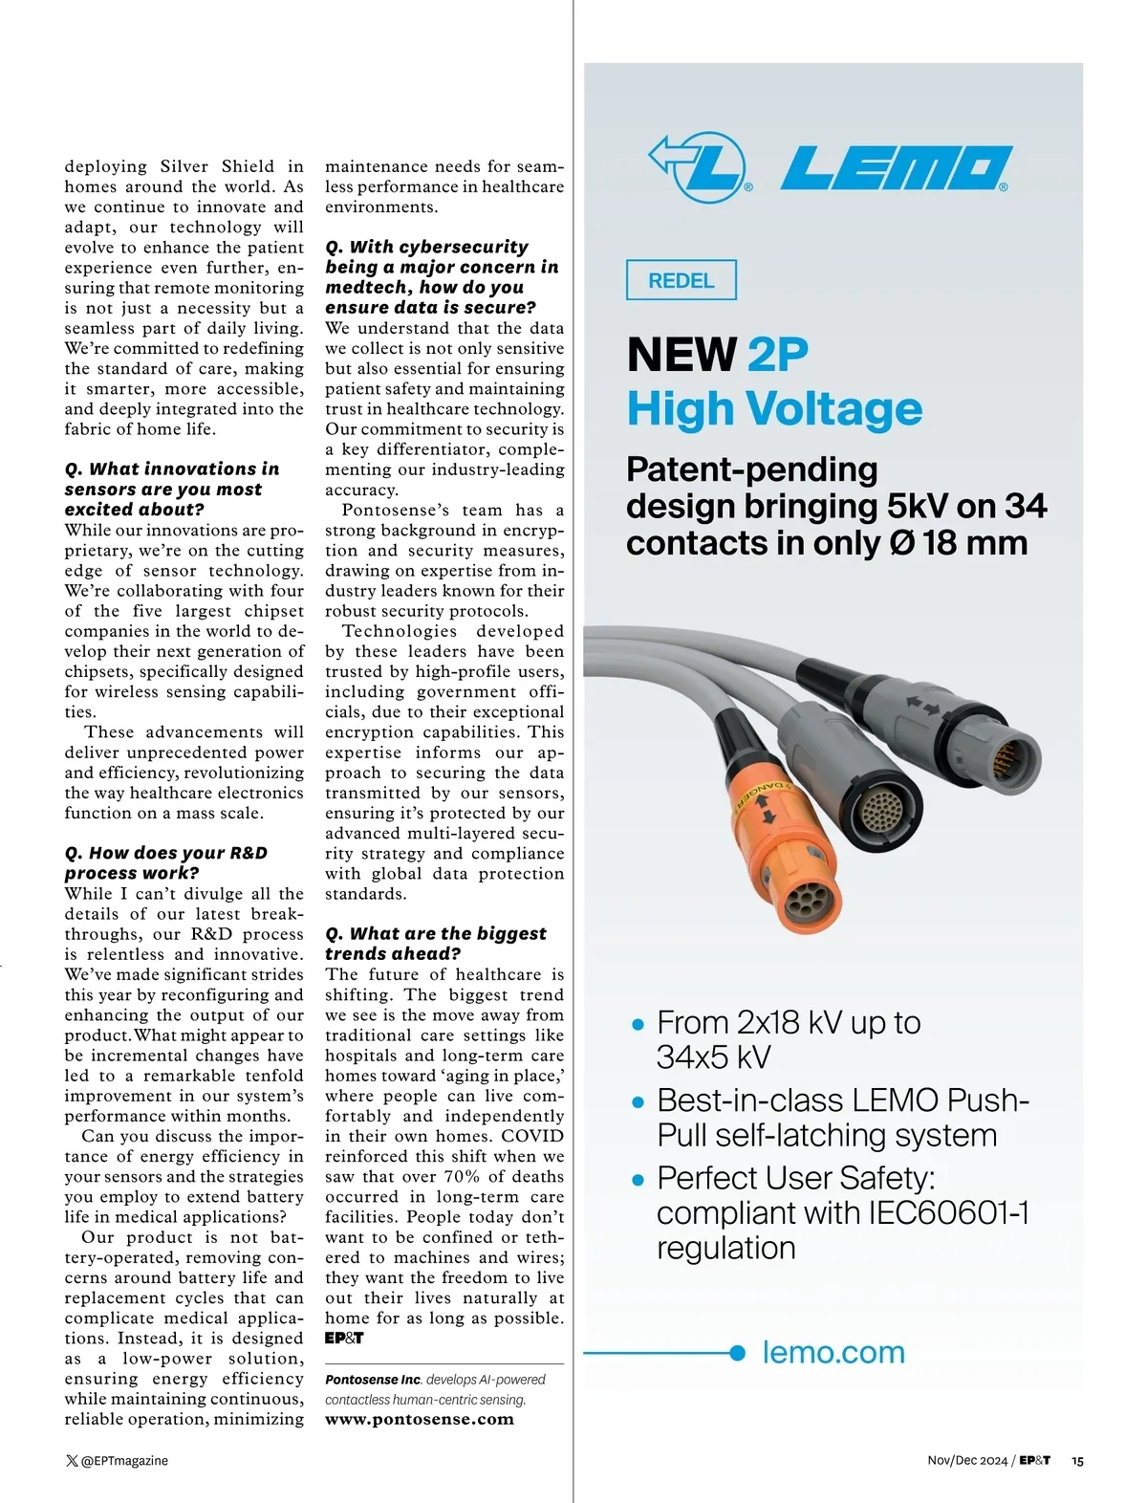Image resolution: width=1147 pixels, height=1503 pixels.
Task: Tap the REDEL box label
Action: [x=681, y=280]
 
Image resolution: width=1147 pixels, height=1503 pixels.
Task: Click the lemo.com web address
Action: [x=833, y=1352]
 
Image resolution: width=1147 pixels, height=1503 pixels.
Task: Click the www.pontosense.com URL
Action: [x=420, y=1419]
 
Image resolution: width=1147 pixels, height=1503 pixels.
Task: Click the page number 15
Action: [x=1077, y=1460]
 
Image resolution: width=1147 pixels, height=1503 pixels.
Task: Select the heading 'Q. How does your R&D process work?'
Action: [x=166, y=862]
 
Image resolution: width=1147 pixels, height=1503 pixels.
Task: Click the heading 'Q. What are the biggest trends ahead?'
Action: [x=435, y=943]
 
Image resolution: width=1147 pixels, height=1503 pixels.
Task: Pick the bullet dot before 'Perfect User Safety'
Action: [x=638, y=1180]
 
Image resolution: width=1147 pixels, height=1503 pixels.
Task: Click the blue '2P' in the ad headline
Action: [x=777, y=355]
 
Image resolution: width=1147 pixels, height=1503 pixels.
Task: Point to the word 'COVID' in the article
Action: [x=532, y=1136]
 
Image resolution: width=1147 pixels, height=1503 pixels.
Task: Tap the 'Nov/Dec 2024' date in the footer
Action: [x=967, y=1460]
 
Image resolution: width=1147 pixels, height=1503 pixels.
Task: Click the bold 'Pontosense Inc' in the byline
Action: [x=373, y=1379]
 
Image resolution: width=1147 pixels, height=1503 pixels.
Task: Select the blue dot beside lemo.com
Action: [x=737, y=1352]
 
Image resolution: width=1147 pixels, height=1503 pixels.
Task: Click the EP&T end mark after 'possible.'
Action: [x=344, y=1338]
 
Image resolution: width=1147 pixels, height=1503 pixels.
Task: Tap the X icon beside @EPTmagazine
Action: [x=72, y=1460]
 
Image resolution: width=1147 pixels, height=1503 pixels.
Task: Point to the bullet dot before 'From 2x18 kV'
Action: [x=638, y=1025]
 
